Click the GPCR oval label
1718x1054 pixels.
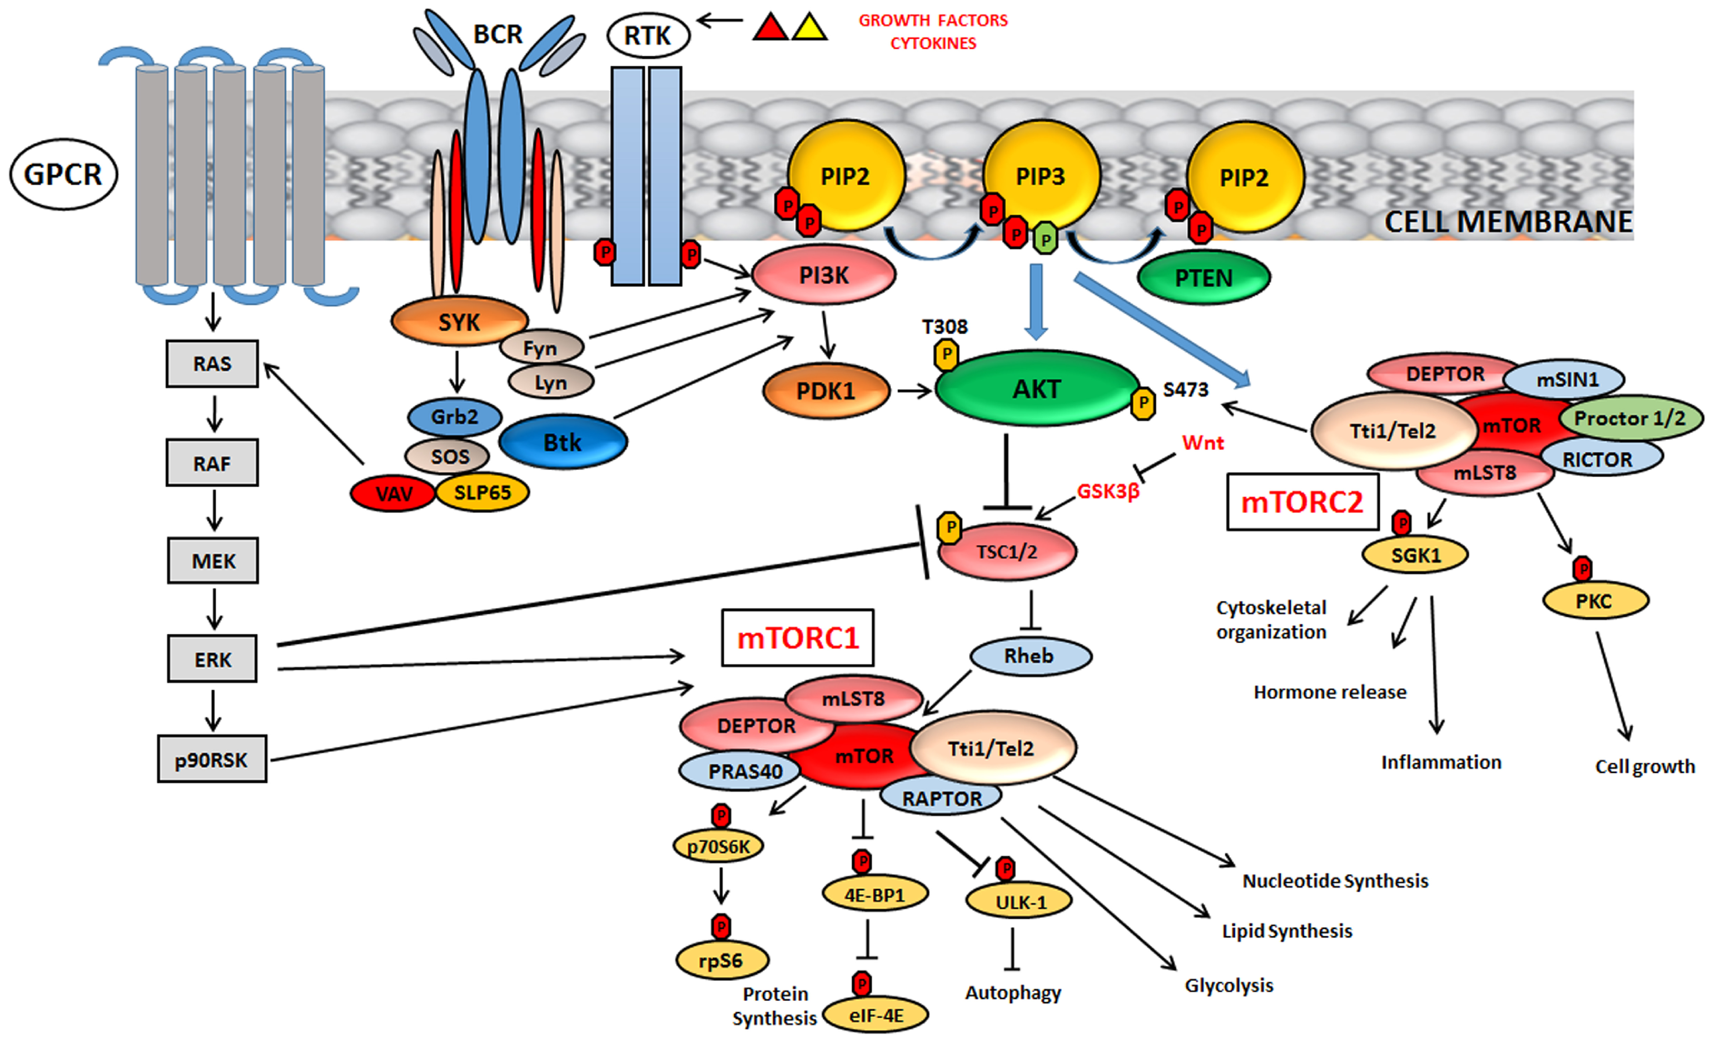coord(63,174)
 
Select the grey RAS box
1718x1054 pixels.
coord(212,364)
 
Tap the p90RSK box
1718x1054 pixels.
coord(212,759)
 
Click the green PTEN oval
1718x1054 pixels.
coord(1204,278)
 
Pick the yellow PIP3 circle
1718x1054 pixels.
coord(1041,176)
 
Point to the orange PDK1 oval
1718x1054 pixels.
coord(826,391)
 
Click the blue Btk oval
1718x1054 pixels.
coord(563,442)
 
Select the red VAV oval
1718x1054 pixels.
coord(393,493)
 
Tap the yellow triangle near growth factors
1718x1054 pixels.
coord(810,27)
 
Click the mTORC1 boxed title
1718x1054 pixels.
coord(798,638)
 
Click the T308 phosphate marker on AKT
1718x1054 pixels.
coord(946,354)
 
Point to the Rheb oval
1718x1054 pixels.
coord(1031,656)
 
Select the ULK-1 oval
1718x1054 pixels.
coord(1019,901)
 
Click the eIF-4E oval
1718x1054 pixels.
coord(876,1015)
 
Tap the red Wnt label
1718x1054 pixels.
coord(1203,443)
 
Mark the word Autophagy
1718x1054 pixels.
coord(1013,993)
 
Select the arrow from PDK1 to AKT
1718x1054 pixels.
coord(915,391)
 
